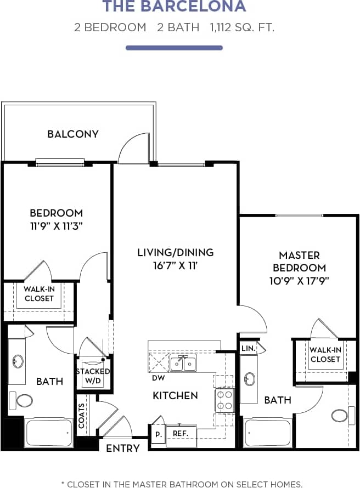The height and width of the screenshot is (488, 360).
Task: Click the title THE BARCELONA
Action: pyautogui.click(x=175, y=7)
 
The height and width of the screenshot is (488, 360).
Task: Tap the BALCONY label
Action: pyautogui.click(x=73, y=134)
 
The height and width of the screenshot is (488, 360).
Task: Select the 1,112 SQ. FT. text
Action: pyautogui.click(x=241, y=27)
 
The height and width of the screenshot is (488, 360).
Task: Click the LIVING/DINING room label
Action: pyautogui.click(x=175, y=252)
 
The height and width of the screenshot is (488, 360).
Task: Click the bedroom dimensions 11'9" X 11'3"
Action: pyautogui.click(x=57, y=225)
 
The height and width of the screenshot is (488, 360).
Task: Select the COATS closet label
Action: pyautogui.click(x=82, y=415)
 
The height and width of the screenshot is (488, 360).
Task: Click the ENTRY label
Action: pyautogui.click(x=122, y=448)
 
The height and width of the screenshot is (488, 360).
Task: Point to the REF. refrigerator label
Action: pyautogui.click(x=181, y=433)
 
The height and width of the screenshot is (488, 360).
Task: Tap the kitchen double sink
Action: pyautogui.click(x=183, y=363)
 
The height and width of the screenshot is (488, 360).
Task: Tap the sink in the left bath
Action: pyautogui.click(x=18, y=362)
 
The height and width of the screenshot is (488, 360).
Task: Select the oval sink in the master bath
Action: pyautogui.click(x=250, y=379)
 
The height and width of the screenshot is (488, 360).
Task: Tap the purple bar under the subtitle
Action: pyautogui.click(x=175, y=48)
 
